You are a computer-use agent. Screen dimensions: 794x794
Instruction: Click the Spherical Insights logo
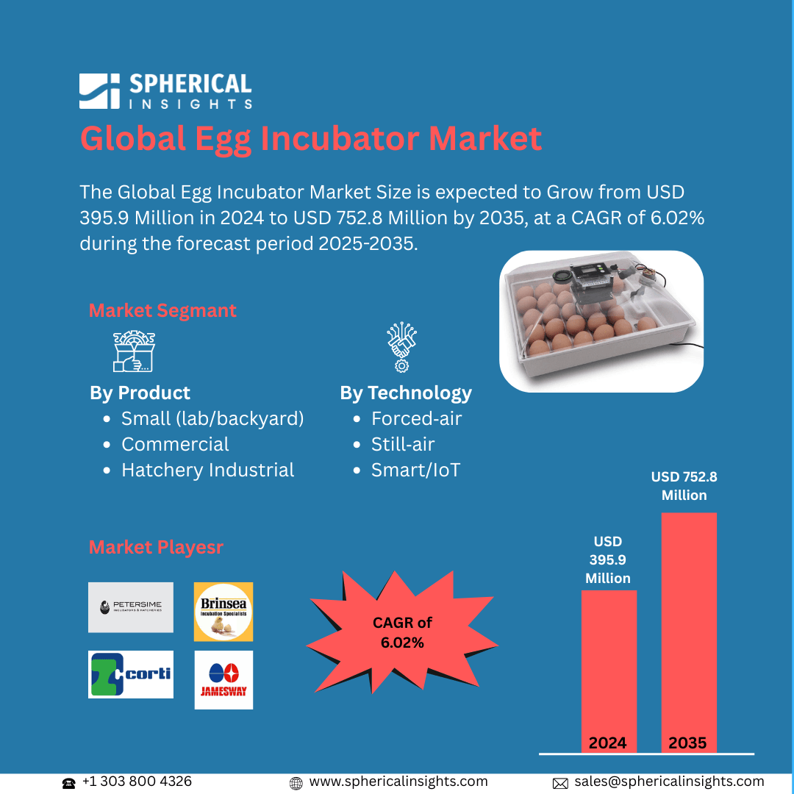pyautogui.click(x=165, y=91)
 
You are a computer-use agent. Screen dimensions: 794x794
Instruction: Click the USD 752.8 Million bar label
pyautogui.click(x=684, y=486)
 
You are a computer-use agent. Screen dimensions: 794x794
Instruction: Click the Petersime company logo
pyautogui.click(x=131, y=607)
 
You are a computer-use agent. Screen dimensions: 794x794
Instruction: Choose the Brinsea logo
pyautogui.click(x=223, y=612)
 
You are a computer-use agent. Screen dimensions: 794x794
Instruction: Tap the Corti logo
pyautogui.click(x=131, y=674)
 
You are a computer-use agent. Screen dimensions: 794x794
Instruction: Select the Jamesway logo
pyautogui.click(x=223, y=680)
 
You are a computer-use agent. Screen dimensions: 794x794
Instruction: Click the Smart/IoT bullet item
pyautogui.click(x=415, y=471)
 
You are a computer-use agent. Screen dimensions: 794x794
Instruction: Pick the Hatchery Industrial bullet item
pyautogui.click(x=207, y=471)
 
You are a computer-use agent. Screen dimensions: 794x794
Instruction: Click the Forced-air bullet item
pyautogui.click(x=416, y=419)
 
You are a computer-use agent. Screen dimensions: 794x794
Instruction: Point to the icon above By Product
pyautogui.click(x=134, y=351)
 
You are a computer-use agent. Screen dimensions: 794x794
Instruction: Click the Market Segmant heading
pyautogui.click(x=162, y=310)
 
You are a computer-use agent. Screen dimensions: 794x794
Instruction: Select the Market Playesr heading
pyautogui.click(x=156, y=548)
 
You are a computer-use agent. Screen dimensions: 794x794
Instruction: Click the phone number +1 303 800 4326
pyautogui.click(x=137, y=782)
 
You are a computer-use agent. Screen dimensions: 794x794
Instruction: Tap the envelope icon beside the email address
pyautogui.click(x=560, y=783)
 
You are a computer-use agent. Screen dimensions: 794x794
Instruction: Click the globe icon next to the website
pyautogui.click(x=296, y=783)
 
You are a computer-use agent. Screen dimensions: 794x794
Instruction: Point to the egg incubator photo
pyautogui.click(x=601, y=321)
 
